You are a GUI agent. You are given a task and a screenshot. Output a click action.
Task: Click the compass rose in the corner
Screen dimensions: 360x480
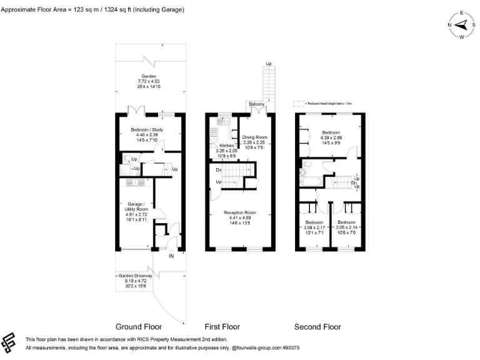point(462,25)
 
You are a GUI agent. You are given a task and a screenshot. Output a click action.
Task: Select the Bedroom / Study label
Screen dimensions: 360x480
point(148,134)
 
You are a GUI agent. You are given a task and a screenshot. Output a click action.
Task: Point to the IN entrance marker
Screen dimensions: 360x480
point(171,256)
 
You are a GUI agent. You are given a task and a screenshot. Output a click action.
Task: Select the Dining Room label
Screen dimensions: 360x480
point(254,141)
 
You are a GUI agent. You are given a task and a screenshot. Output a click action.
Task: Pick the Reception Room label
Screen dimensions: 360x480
point(241,217)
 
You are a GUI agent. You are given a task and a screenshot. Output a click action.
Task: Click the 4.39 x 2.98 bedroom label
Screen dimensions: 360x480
point(331,137)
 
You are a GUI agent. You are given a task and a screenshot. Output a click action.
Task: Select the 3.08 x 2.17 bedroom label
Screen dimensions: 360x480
point(314,227)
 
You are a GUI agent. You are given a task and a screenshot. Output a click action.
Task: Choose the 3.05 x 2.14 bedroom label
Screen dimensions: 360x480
point(347,227)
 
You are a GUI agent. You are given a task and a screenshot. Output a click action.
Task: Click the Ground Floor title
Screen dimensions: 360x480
point(139,327)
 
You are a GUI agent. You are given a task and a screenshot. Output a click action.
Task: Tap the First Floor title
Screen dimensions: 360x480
point(222,327)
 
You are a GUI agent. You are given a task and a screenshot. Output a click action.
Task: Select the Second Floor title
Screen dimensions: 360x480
point(317,327)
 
